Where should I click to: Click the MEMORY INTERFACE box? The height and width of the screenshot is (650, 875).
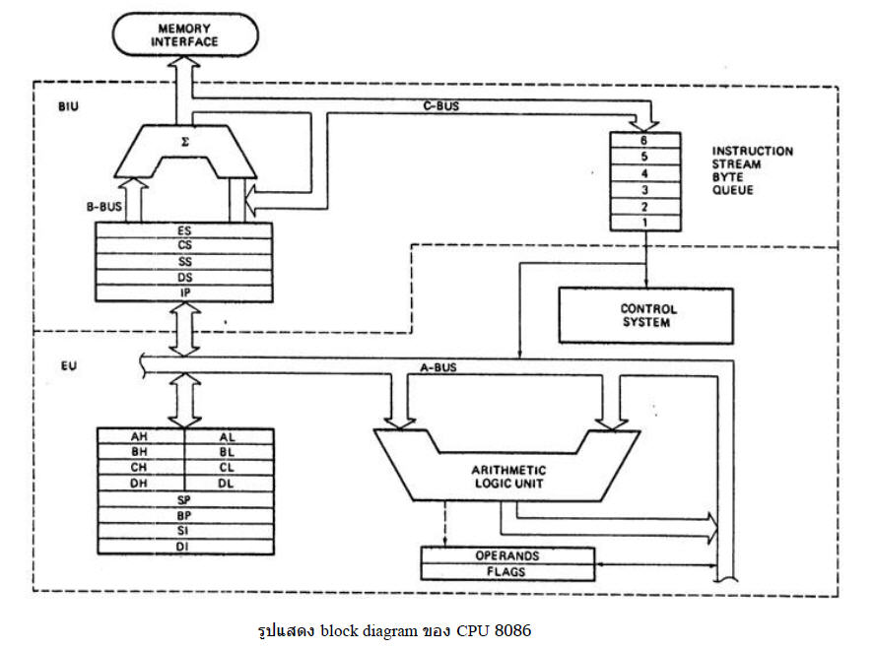[185, 34]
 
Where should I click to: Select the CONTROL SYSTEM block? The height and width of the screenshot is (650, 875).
[645, 315]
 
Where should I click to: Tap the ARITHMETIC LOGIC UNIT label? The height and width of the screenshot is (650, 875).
[508, 477]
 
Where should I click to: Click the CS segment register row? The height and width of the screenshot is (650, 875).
[184, 246]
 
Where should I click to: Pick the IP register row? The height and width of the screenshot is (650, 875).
[184, 292]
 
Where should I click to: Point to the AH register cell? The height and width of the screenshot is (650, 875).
[141, 436]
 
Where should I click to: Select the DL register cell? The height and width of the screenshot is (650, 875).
[229, 484]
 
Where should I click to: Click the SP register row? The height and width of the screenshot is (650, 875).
[185, 499]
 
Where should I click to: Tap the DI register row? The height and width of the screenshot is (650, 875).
[185, 547]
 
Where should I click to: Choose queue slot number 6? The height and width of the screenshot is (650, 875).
[645, 140]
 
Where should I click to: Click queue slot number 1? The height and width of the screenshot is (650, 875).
[645, 223]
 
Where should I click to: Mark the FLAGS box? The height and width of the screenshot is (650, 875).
[506, 572]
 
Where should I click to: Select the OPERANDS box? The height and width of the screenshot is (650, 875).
[506, 555]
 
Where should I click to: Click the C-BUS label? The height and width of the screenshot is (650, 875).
[440, 106]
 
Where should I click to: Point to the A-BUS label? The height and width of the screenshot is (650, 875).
[438, 367]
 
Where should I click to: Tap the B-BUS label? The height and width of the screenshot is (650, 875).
[103, 207]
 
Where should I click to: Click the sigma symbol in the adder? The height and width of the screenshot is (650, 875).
[185, 142]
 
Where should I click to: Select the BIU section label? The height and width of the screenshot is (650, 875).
[68, 106]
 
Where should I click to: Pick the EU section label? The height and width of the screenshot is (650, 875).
[69, 366]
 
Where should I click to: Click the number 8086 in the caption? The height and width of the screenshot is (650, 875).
[512, 630]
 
